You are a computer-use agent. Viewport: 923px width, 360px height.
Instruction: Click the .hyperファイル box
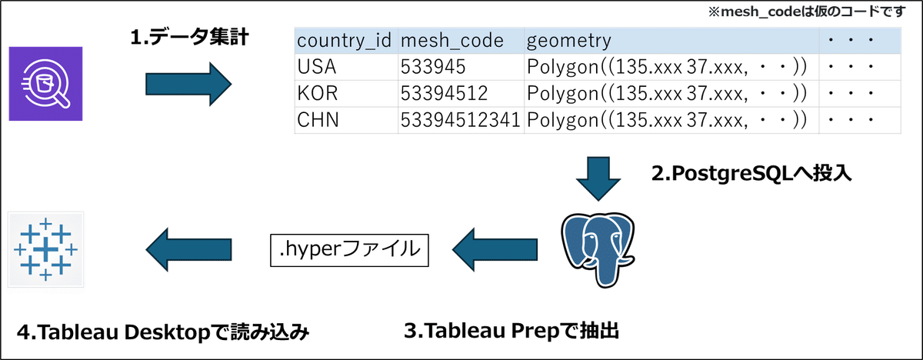pos(348,248)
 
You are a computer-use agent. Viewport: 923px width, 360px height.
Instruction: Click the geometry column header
pos(569,40)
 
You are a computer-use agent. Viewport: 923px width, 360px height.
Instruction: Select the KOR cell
pos(314,93)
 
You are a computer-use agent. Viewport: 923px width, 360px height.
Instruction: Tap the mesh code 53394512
pos(443,93)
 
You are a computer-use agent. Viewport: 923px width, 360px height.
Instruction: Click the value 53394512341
pos(458,120)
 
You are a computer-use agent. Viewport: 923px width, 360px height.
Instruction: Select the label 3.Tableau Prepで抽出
pos(511,332)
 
